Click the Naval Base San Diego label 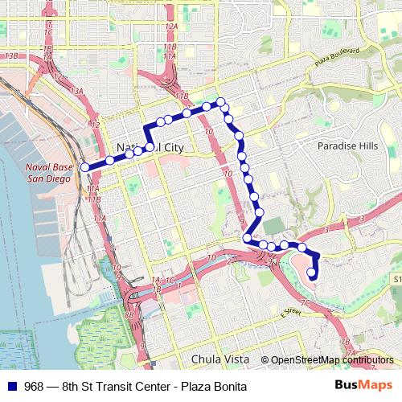[x=49, y=172]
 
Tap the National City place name [x=150, y=149]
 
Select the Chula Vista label [x=221, y=359]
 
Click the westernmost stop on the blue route [x=85, y=167]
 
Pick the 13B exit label [x=11, y=55]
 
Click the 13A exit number [x=76, y=92]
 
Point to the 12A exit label [x=170, y=27]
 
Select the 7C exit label [x=305, y=303]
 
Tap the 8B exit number [x=129, y=316]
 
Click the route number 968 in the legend [x=34, y=387]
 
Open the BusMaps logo [x=364, y=386]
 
